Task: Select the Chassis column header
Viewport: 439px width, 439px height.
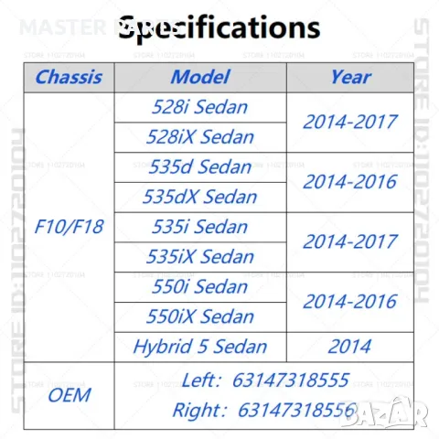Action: [68, 77]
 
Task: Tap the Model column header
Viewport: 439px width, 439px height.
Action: [199, 77]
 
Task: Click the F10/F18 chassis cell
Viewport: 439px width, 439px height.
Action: [68, 226]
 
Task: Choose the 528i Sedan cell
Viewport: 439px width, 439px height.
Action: [199, 107]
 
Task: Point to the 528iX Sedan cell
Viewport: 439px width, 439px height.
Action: [199, 136]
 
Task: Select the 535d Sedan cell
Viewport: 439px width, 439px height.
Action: [199, 166]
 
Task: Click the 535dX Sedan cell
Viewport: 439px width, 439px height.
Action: [199, 197]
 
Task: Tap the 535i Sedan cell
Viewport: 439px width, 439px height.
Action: [199, 227]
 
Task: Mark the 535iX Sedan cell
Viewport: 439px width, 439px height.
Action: [199, 256]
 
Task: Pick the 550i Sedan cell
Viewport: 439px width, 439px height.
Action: [199, 286]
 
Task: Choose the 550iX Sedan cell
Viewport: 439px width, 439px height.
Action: [199, 316]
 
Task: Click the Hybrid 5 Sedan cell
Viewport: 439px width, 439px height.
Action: [199, 347]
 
